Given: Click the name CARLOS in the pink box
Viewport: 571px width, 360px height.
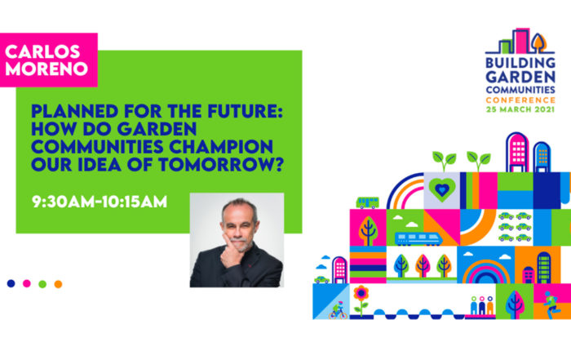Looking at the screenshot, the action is coord(42,51).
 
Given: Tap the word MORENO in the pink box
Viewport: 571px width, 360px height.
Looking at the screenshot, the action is coord(46,69).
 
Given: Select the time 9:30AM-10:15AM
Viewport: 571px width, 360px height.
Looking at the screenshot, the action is coord(100,202).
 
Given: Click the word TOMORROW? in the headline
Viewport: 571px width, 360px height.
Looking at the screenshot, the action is coord(221,164).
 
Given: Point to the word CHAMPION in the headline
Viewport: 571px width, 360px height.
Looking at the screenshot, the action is coord(221,146).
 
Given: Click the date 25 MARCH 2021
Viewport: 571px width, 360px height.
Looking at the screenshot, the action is coord(520,109).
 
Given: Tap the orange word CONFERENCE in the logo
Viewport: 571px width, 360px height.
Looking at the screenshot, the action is coord(520,100).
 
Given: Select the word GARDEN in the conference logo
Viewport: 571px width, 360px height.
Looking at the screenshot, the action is coord(520,77).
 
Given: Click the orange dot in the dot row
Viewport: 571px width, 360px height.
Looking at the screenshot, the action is coord(58,284).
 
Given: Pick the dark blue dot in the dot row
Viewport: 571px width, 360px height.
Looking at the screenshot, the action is coord(11,283).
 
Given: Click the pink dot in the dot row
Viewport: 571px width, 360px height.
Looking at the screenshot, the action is coord(27,283).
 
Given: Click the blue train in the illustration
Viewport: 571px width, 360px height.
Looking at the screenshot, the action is coord(418,238).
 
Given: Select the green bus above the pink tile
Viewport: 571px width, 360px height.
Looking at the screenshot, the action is coord(368,202).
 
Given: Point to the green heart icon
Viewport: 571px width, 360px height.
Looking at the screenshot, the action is coord(442,189).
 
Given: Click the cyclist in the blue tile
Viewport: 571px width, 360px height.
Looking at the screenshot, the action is coord(339,310).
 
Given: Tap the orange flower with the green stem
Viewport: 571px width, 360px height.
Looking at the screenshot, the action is coord(361,300).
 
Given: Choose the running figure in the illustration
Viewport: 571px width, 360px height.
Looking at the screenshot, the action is coord(551,304).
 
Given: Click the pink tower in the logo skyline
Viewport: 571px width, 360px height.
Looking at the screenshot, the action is coord(522,41).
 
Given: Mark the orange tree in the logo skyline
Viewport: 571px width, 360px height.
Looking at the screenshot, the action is coord(538,42).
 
